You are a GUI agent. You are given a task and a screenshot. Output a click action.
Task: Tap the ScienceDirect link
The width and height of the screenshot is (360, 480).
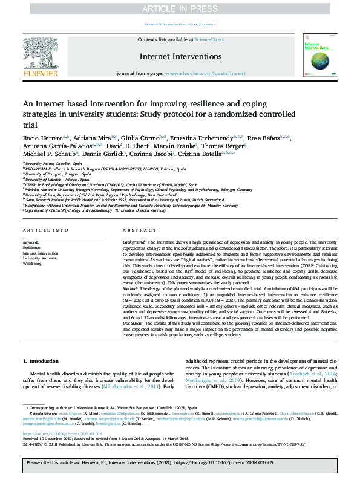[209, 39]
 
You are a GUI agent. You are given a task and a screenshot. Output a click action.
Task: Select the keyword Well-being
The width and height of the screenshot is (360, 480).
[33, 264]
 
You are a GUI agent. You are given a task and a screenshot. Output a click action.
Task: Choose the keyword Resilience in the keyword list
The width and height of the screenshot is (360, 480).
[31, 247]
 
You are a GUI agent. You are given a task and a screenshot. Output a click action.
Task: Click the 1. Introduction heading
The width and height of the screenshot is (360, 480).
[41, 361]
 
